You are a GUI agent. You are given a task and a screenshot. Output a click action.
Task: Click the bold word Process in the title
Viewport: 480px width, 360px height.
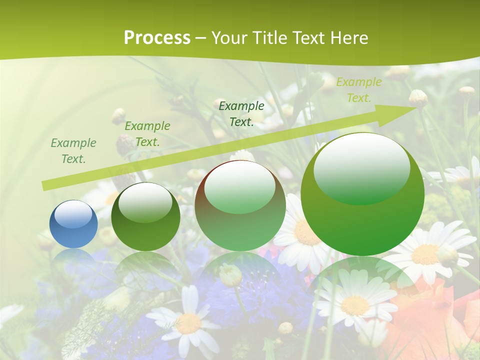(x=157, y=37)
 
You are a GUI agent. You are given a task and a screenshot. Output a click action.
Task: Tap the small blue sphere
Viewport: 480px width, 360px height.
(x=73, y=224)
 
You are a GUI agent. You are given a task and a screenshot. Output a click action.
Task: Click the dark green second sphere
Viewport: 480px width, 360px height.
(x=145, y=216)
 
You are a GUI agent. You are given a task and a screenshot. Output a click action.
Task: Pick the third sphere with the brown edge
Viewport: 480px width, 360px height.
(x=240, y=205)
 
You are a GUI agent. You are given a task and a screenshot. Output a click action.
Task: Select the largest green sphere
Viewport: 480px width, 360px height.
(x=362, y=194)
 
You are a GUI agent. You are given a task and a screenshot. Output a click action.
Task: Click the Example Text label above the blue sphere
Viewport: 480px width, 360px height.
(x=73, y=151)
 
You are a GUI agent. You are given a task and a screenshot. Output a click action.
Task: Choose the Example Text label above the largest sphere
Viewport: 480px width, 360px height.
(x=358, y=90)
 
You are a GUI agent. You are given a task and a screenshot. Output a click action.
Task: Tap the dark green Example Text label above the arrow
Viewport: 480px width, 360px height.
(x=241, y=113)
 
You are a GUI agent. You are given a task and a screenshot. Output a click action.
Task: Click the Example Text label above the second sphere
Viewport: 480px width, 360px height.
(x=147, y=134)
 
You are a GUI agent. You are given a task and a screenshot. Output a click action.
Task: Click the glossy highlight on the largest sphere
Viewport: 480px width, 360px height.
(x=361, y=167)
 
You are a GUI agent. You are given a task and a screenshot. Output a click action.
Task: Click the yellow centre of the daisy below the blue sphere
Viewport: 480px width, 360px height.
(x=188, y=324)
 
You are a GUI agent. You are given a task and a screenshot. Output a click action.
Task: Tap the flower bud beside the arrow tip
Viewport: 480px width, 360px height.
(x=418, y=98)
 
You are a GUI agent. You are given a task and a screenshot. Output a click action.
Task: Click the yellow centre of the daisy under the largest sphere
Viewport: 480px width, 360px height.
(x=354, y=305)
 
